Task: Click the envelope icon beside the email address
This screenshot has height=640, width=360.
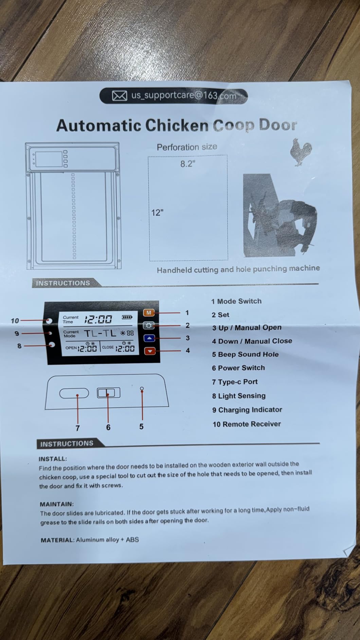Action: (120, 96)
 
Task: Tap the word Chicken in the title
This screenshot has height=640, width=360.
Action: (177, 125)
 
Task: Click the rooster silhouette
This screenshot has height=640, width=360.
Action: (301, 152)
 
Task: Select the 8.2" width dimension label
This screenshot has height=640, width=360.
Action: (188, 164)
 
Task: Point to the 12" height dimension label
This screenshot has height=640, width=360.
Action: (157, 213)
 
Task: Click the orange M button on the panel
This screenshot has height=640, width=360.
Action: (149, 312)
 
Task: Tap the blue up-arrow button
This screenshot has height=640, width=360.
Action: (149, 338)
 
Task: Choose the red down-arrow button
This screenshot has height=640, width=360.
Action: (150, 351)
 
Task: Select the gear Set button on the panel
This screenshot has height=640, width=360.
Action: (149, 325)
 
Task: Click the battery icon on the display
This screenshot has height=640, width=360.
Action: (127, 317)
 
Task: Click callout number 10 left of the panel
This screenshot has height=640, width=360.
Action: (15, 321)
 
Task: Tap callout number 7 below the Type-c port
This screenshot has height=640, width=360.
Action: (77, 428)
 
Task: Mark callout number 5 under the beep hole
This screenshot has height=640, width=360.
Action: (141, 426)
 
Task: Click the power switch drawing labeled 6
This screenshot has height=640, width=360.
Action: (108, 393)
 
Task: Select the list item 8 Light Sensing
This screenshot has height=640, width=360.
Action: (239, 396)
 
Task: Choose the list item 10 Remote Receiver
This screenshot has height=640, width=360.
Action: (247, 424)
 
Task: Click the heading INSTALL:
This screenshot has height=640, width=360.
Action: (53, 459)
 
